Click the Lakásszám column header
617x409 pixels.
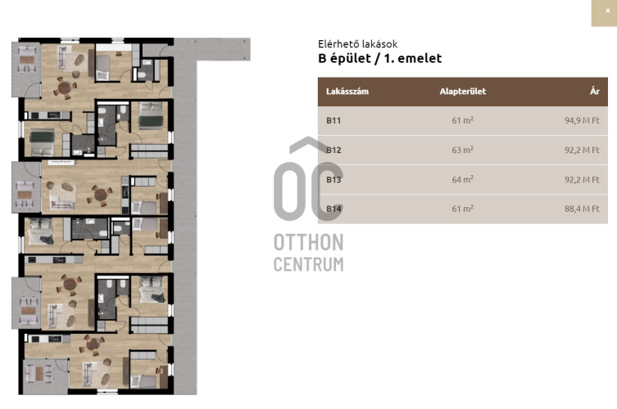coord(347,92)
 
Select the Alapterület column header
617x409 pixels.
coord(463,92)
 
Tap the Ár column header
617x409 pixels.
coord(595,91)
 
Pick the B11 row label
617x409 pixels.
coord(333,120)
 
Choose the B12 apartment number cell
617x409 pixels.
coord(333,150)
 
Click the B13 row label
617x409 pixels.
coord(333,180)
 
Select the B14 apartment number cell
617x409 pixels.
coord(333,209)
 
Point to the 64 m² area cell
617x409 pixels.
coord(463,179)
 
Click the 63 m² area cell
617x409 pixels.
coord(463,150)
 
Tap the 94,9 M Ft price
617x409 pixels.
coord(582,120)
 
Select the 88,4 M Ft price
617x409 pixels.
coord(582,209)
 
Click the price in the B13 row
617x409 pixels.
coord(582,180)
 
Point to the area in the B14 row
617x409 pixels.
coord(463,209)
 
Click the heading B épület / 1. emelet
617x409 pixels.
coord(379,59)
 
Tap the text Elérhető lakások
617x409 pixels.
coord(358,44)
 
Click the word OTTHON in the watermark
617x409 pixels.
coord(308,242)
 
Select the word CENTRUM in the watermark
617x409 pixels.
coord(308,264)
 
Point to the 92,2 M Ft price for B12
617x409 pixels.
coord(582,150)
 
